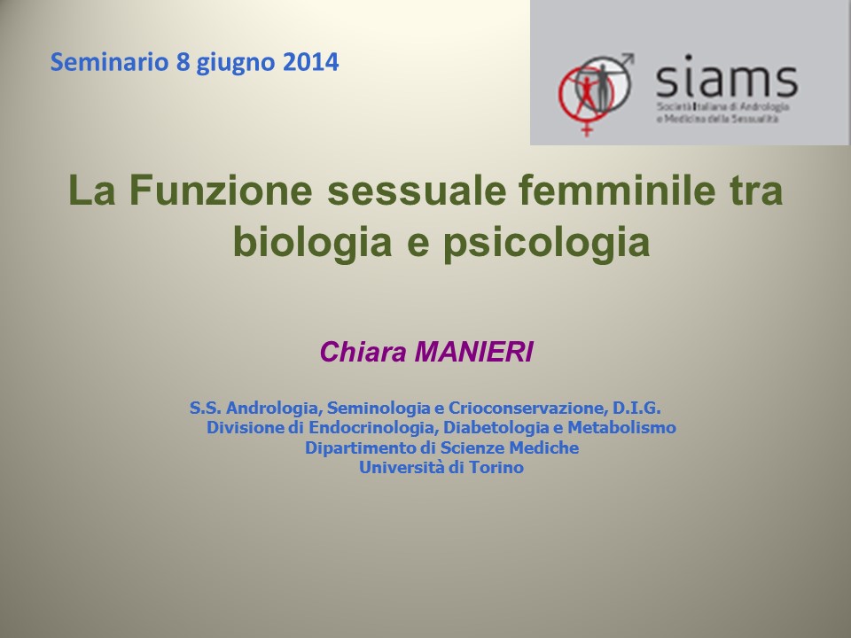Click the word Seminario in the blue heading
click(x=109, y=62)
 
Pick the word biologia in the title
click(x=312, y=241)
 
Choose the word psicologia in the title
click(x=547, y=241)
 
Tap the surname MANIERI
click(x=473, y=352)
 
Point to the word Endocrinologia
click(x=373, y=428)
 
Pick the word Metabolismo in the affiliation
click(x=622, y=427)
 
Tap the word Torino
click(x=496, y=467)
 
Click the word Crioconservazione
click(x=527, y=408)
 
